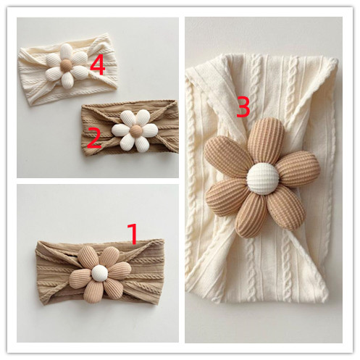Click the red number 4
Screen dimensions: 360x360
click(98, 66)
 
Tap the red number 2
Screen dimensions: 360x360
click(93, 138)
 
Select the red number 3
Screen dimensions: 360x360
click(243, 106)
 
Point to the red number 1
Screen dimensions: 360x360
click(133, 233)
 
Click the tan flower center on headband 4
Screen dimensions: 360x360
click(66, 65)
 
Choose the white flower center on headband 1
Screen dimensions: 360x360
click(99, 273)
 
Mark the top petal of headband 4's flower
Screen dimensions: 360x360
click(67, 51)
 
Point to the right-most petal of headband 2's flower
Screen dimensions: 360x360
click(149, 130)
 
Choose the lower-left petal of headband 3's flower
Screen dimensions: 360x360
click(227, 197)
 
